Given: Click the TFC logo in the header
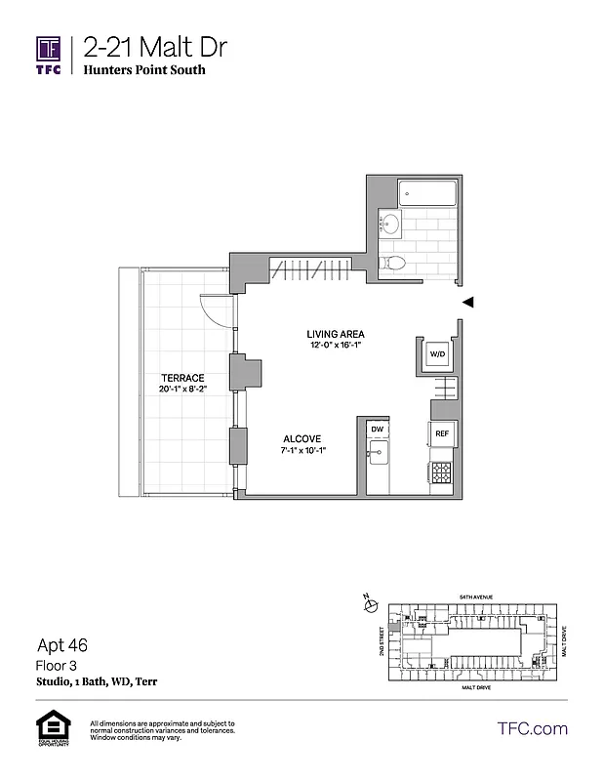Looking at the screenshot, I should click(x=49, y=54).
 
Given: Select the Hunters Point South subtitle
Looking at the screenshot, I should click(x=144, y=70).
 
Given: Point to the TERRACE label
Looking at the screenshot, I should click(x=182, y=378).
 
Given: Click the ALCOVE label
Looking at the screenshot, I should click(x=302, y=438).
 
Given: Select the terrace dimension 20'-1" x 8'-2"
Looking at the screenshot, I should click(x=182, y=390).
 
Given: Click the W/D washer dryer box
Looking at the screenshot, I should click(x=438, y=353).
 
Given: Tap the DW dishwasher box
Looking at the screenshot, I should click(x=377, y=429).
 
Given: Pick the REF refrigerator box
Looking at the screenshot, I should click(x=441, y=433).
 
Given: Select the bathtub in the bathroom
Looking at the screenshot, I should click(x=426, y=192).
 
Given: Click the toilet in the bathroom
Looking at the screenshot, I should click(x=394, y=262).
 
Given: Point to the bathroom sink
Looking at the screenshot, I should click(x=388, y=224).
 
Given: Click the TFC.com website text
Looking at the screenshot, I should click(x=532, y=728).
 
